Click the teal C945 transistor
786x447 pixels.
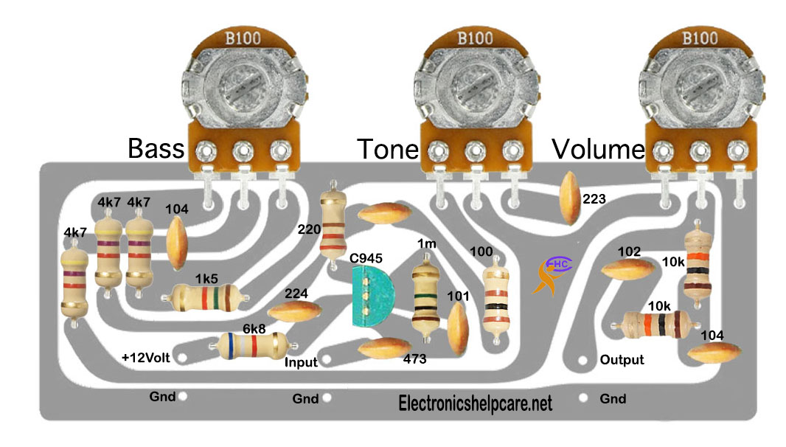click(372, 297)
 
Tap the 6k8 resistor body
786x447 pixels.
click(253, 346)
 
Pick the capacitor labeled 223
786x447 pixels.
click(570, 198)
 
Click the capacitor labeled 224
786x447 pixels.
click(295, 311)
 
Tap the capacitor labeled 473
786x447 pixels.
click(385, 349)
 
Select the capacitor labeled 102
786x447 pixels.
click(627, 269)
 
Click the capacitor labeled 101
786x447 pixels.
click(458, 328)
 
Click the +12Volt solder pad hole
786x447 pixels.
click(183, 358)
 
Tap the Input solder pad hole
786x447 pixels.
click(327, 359)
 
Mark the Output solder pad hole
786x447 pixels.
click(582, 360)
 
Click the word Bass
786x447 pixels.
click(156, 148)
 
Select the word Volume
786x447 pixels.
click(598, 149)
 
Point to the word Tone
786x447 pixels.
click(388, 149)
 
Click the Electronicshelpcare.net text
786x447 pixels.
click(475, 403)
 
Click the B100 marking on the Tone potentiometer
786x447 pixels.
click(475, 38)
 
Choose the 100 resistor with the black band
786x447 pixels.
click(495, 299)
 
